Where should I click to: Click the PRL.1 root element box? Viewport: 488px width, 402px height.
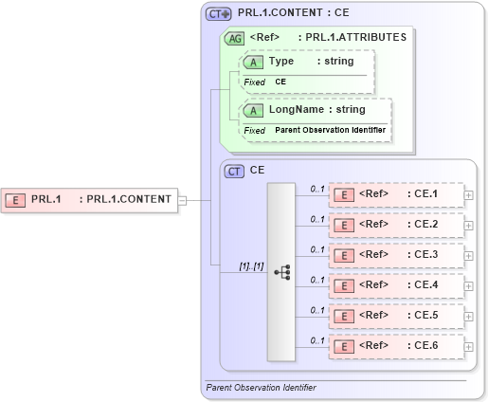click(90, 199)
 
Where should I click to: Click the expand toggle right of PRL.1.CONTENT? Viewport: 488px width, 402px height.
click(182, 199)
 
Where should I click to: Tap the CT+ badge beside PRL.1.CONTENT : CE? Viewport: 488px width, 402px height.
click(219, 14)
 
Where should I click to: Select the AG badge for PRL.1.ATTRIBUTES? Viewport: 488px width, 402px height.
click(233, 39)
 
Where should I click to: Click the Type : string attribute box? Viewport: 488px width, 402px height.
click(307, 62)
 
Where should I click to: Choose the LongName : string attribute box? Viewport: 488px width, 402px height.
click(315, 110)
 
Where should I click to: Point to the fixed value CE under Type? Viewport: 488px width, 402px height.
click(280, 82)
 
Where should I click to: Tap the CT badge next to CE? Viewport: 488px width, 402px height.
click(233, 172)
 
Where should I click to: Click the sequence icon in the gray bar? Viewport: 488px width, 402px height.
click(281, 271)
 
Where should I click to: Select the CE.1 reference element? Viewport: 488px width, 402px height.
click(395, 195)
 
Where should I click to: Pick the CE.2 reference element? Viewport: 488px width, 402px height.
click(395, 225)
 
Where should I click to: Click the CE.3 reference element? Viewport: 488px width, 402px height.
click(395, 255)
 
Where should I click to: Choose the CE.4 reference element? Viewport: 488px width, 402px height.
click(395, 284)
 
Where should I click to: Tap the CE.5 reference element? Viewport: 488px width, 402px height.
click(395, 315)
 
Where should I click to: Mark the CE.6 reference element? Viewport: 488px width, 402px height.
click(395, 345)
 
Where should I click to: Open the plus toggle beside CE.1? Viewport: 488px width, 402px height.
click(470, 195)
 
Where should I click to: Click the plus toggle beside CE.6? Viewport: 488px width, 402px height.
click(470, 345)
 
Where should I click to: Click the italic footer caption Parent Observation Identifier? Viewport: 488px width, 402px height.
click(261, 388)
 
